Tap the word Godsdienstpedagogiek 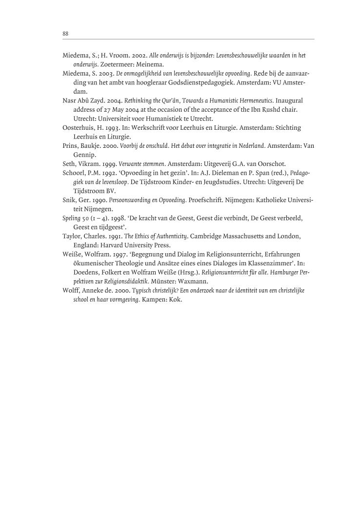tap(188, 82)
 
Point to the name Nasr tap(69, 100)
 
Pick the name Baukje tap(89, 145)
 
